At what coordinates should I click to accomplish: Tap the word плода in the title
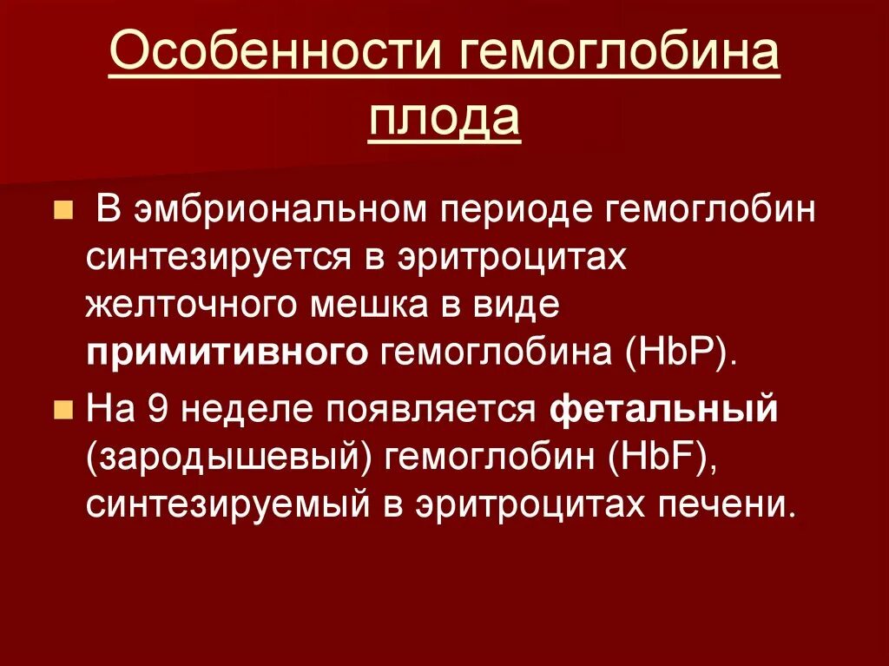[444, 119]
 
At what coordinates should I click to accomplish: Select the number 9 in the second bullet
[157, 410]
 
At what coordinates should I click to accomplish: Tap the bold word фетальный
[665, 410]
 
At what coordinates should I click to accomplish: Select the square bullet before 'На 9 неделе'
[63, 410]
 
